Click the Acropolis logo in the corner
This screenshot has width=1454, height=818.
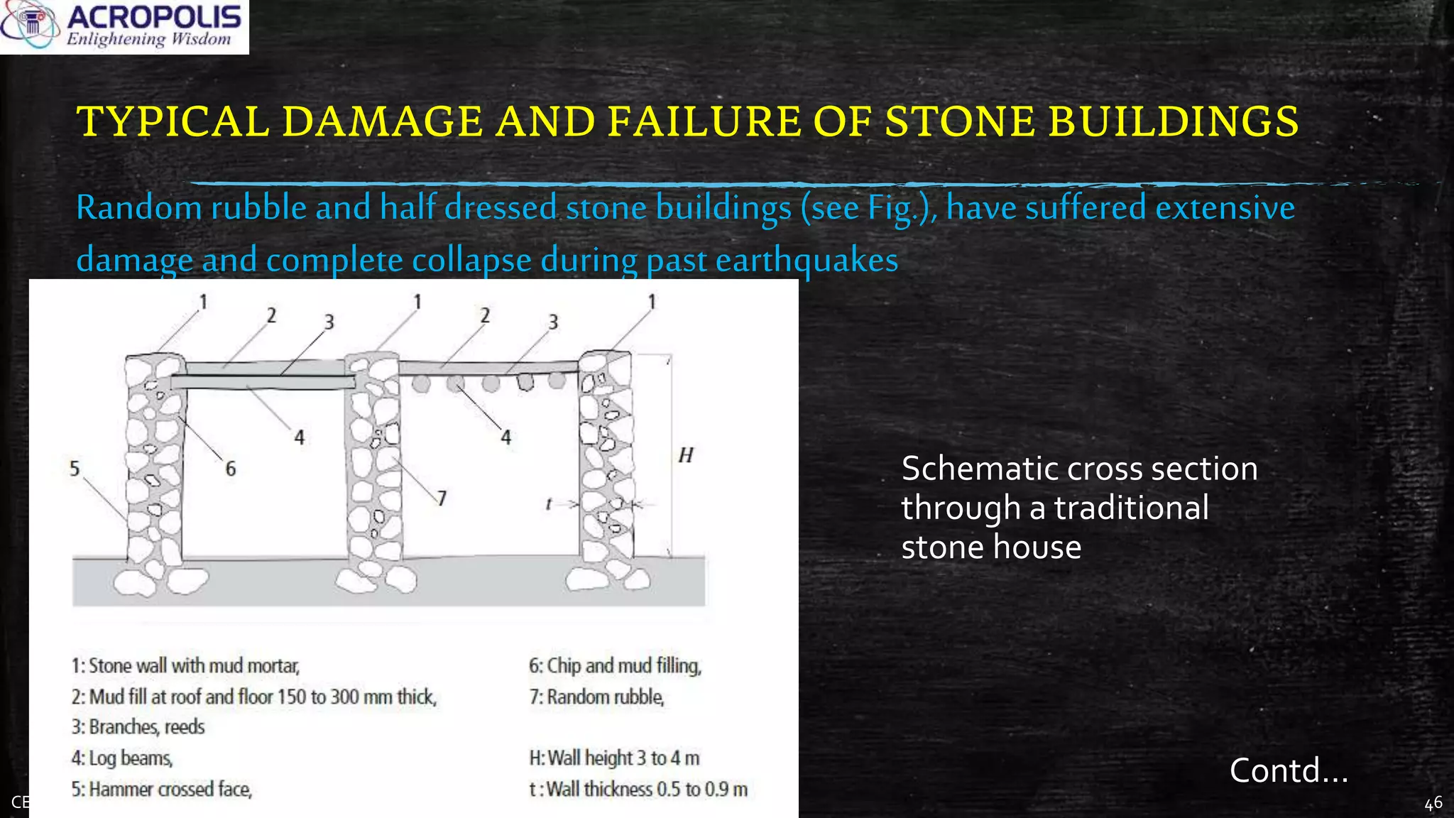(x=124, y=26)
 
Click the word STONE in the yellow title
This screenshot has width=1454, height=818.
(x=960, y=121)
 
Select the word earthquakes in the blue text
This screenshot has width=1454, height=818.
(x=807, y=260)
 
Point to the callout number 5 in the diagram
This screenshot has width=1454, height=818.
(x=75, y=469)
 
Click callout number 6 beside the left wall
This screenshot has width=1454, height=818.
(x=230, y=469)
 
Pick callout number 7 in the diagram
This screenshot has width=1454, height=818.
(x=442, y=498)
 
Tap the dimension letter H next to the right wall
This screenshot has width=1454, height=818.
(x=685, y=455)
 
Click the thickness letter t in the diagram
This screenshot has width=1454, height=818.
(x=548, y=504)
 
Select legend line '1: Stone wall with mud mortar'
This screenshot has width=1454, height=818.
(x=185, y=666)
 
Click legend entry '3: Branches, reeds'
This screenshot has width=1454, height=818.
(x=138, y=727)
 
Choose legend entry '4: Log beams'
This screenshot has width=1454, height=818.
(x=122, y=758)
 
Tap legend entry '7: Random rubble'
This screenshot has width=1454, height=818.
(x=596, y=697)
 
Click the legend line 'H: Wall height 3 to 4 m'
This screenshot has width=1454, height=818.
(x=614, y=758)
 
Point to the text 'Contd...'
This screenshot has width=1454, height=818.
(x=1288, y=771)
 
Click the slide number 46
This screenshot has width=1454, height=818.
(x=1433, y=803)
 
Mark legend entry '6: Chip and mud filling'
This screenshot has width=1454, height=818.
(x=615, y=666)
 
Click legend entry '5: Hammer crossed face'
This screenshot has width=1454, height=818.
(x=162, y=790)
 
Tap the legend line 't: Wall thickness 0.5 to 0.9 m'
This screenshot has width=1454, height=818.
(x=638, y=790)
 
